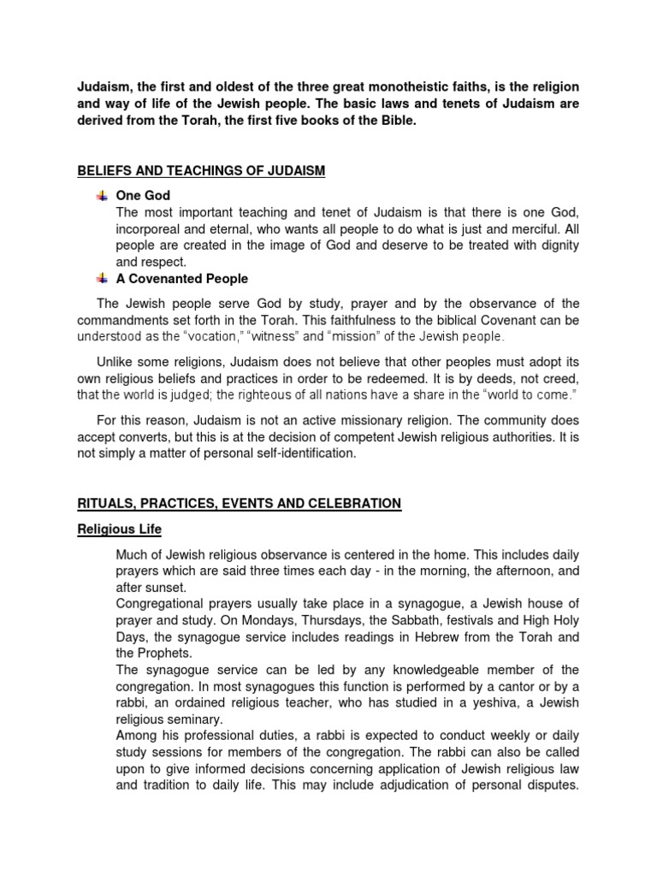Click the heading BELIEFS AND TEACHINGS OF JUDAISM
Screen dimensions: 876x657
click(202, 171)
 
